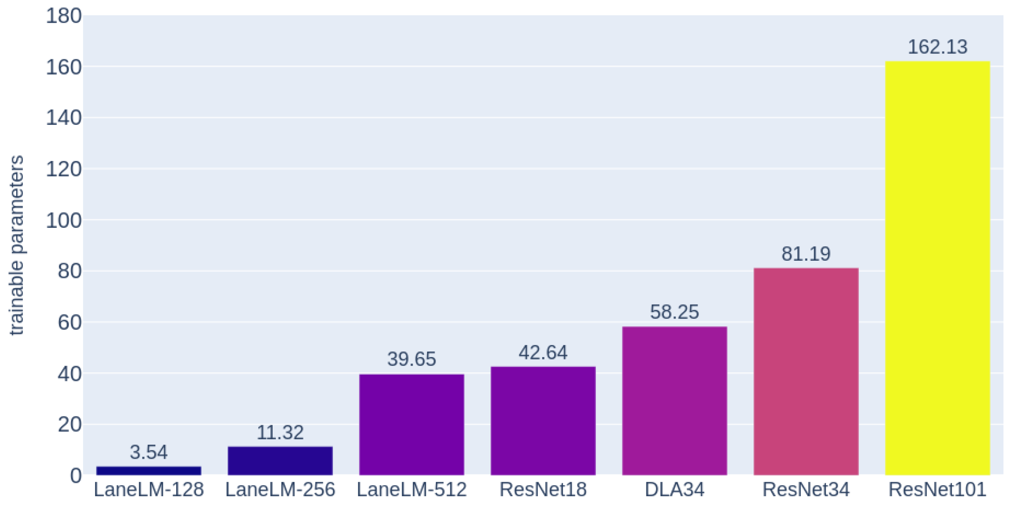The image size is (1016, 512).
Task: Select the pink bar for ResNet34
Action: (x=806, y=371)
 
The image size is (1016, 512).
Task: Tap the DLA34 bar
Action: (x=674, y=401)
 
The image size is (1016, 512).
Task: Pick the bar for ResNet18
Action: (x=543, y=421)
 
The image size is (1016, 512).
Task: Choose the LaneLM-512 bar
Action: (x=411, y=424)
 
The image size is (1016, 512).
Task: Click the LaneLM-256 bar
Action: (x=280, y=461)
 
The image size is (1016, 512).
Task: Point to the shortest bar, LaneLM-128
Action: (x=148, y=471)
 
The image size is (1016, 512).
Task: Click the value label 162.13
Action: (x=937, y=47)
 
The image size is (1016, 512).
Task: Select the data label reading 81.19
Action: (x=806, y=254)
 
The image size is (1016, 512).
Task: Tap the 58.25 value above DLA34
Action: (x=674, y=312)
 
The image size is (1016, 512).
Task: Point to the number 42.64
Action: (x=543, y=352)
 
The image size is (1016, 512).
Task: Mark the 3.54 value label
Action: (x=148, y=452)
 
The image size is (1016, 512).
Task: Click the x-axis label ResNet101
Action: (x=937, y=490)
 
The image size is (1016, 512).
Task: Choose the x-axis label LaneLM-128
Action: (x=148, y=490)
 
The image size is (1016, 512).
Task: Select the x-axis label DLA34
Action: (x=674, y=490)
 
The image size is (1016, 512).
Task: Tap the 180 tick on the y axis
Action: (x=64, y=16)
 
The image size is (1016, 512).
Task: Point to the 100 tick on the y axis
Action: (x=64, y=220)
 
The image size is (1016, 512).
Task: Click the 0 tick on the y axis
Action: (x=76, y=476)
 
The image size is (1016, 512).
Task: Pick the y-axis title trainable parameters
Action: (x=17, y=246)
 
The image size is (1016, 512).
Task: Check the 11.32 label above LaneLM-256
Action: (x=280, y=433)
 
